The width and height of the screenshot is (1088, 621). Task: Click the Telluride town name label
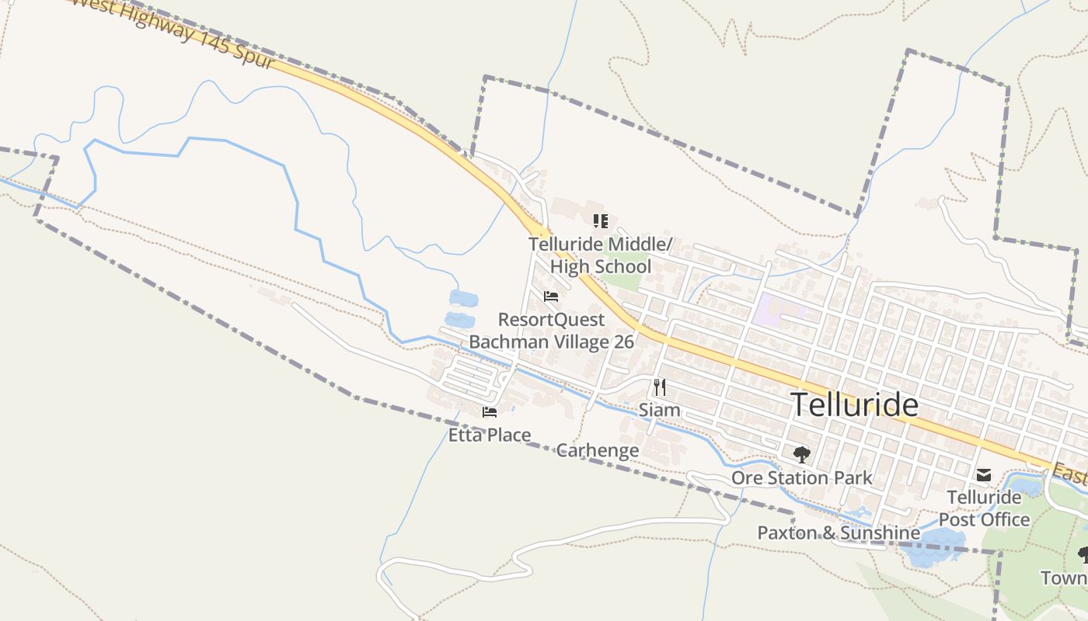(854, 405)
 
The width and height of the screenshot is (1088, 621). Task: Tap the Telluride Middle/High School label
(601, 255)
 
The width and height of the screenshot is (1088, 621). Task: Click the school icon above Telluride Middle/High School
(600, 221)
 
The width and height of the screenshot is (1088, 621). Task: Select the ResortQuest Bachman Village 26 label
(552, 331)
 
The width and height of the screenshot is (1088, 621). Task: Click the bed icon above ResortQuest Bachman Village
(551, 297)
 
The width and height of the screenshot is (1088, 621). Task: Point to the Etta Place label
(490, 435)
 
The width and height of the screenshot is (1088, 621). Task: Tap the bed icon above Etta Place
(490, 412)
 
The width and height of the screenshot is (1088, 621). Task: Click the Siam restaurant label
(659, 410)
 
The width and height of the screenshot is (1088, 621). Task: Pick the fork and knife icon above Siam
(659, 387)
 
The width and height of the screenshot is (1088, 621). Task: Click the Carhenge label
(598, 450)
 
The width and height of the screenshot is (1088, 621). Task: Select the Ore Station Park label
(802, 477)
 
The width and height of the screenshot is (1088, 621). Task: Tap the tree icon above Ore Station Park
(802, 454)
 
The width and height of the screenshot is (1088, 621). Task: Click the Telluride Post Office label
(984, 508)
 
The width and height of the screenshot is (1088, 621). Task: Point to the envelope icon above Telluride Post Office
(984, 474)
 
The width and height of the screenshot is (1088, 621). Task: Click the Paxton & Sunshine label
(839, 533)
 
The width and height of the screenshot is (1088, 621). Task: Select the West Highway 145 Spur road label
(171, 31)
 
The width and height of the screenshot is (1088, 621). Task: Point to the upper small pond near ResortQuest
(464, 298)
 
